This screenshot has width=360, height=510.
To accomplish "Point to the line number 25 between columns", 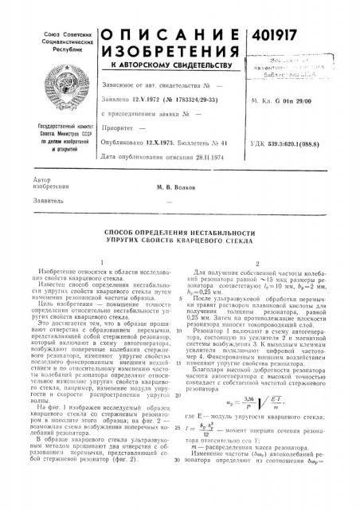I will pos(181,450).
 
